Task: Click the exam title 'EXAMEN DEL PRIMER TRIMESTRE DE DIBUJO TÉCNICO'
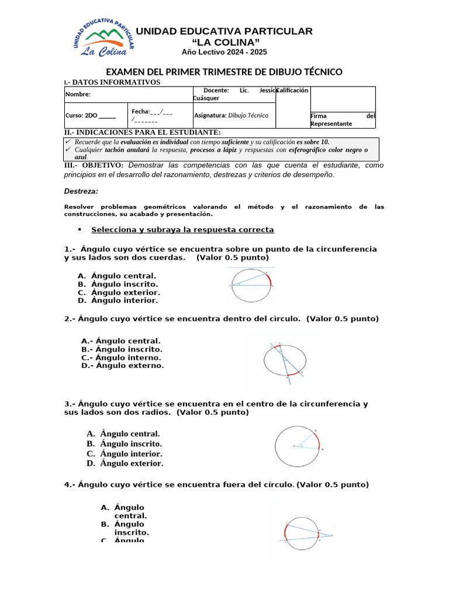coord(224,72)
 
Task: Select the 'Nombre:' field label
coord(78,94)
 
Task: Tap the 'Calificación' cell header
coord(292,91)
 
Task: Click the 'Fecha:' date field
coord(151,115)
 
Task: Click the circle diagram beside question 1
coord(251,285)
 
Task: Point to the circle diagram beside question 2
coord(285,361)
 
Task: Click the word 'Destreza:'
coord(81,191)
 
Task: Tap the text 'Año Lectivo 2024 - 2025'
coord(224,52)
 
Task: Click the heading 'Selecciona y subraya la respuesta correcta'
coord(182,230)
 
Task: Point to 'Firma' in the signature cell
coord(319,116)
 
